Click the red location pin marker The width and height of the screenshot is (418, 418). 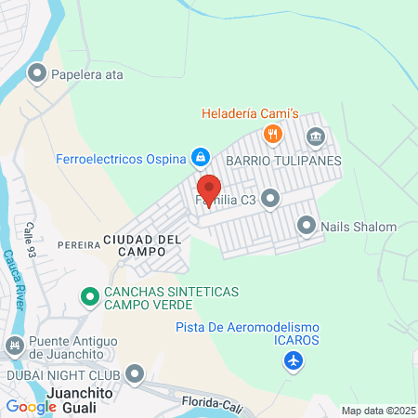pos(208,190)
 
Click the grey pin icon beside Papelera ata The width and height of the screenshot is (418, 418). pos(38,72)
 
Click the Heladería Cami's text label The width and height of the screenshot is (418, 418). pos(251,115)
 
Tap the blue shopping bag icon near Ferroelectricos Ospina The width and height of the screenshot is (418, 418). pos(199,156)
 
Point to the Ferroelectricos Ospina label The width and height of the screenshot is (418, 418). pos(121,156)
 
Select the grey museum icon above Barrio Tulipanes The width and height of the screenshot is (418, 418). pos(315,137)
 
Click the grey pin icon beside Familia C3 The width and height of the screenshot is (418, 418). pos(270,198)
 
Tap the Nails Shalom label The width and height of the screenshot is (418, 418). pos(359,226)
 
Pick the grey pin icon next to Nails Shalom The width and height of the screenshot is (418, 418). pos(307,225)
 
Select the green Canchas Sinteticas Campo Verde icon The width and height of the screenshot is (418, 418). pos(90,297)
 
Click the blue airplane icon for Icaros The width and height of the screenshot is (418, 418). pos(294,359)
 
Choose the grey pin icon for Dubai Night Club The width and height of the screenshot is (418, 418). pos(136,373)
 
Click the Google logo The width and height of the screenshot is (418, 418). pos(32,406)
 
